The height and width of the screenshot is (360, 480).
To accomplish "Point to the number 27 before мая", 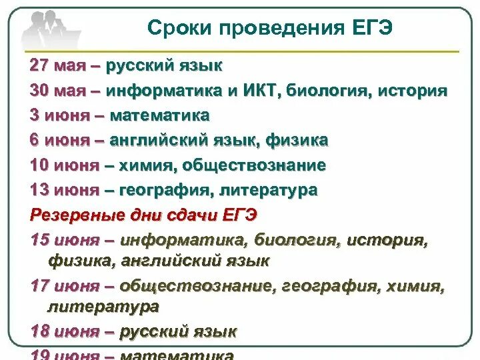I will coord(39,66).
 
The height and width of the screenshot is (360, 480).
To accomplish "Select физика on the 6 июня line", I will coord(297,140).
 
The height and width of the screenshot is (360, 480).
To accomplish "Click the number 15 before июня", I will coord(39,240).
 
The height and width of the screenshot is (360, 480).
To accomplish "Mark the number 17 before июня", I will coord(39,287).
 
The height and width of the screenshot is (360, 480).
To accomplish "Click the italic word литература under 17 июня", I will coord(103,307).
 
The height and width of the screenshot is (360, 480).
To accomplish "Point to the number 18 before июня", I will coord(39,331).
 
